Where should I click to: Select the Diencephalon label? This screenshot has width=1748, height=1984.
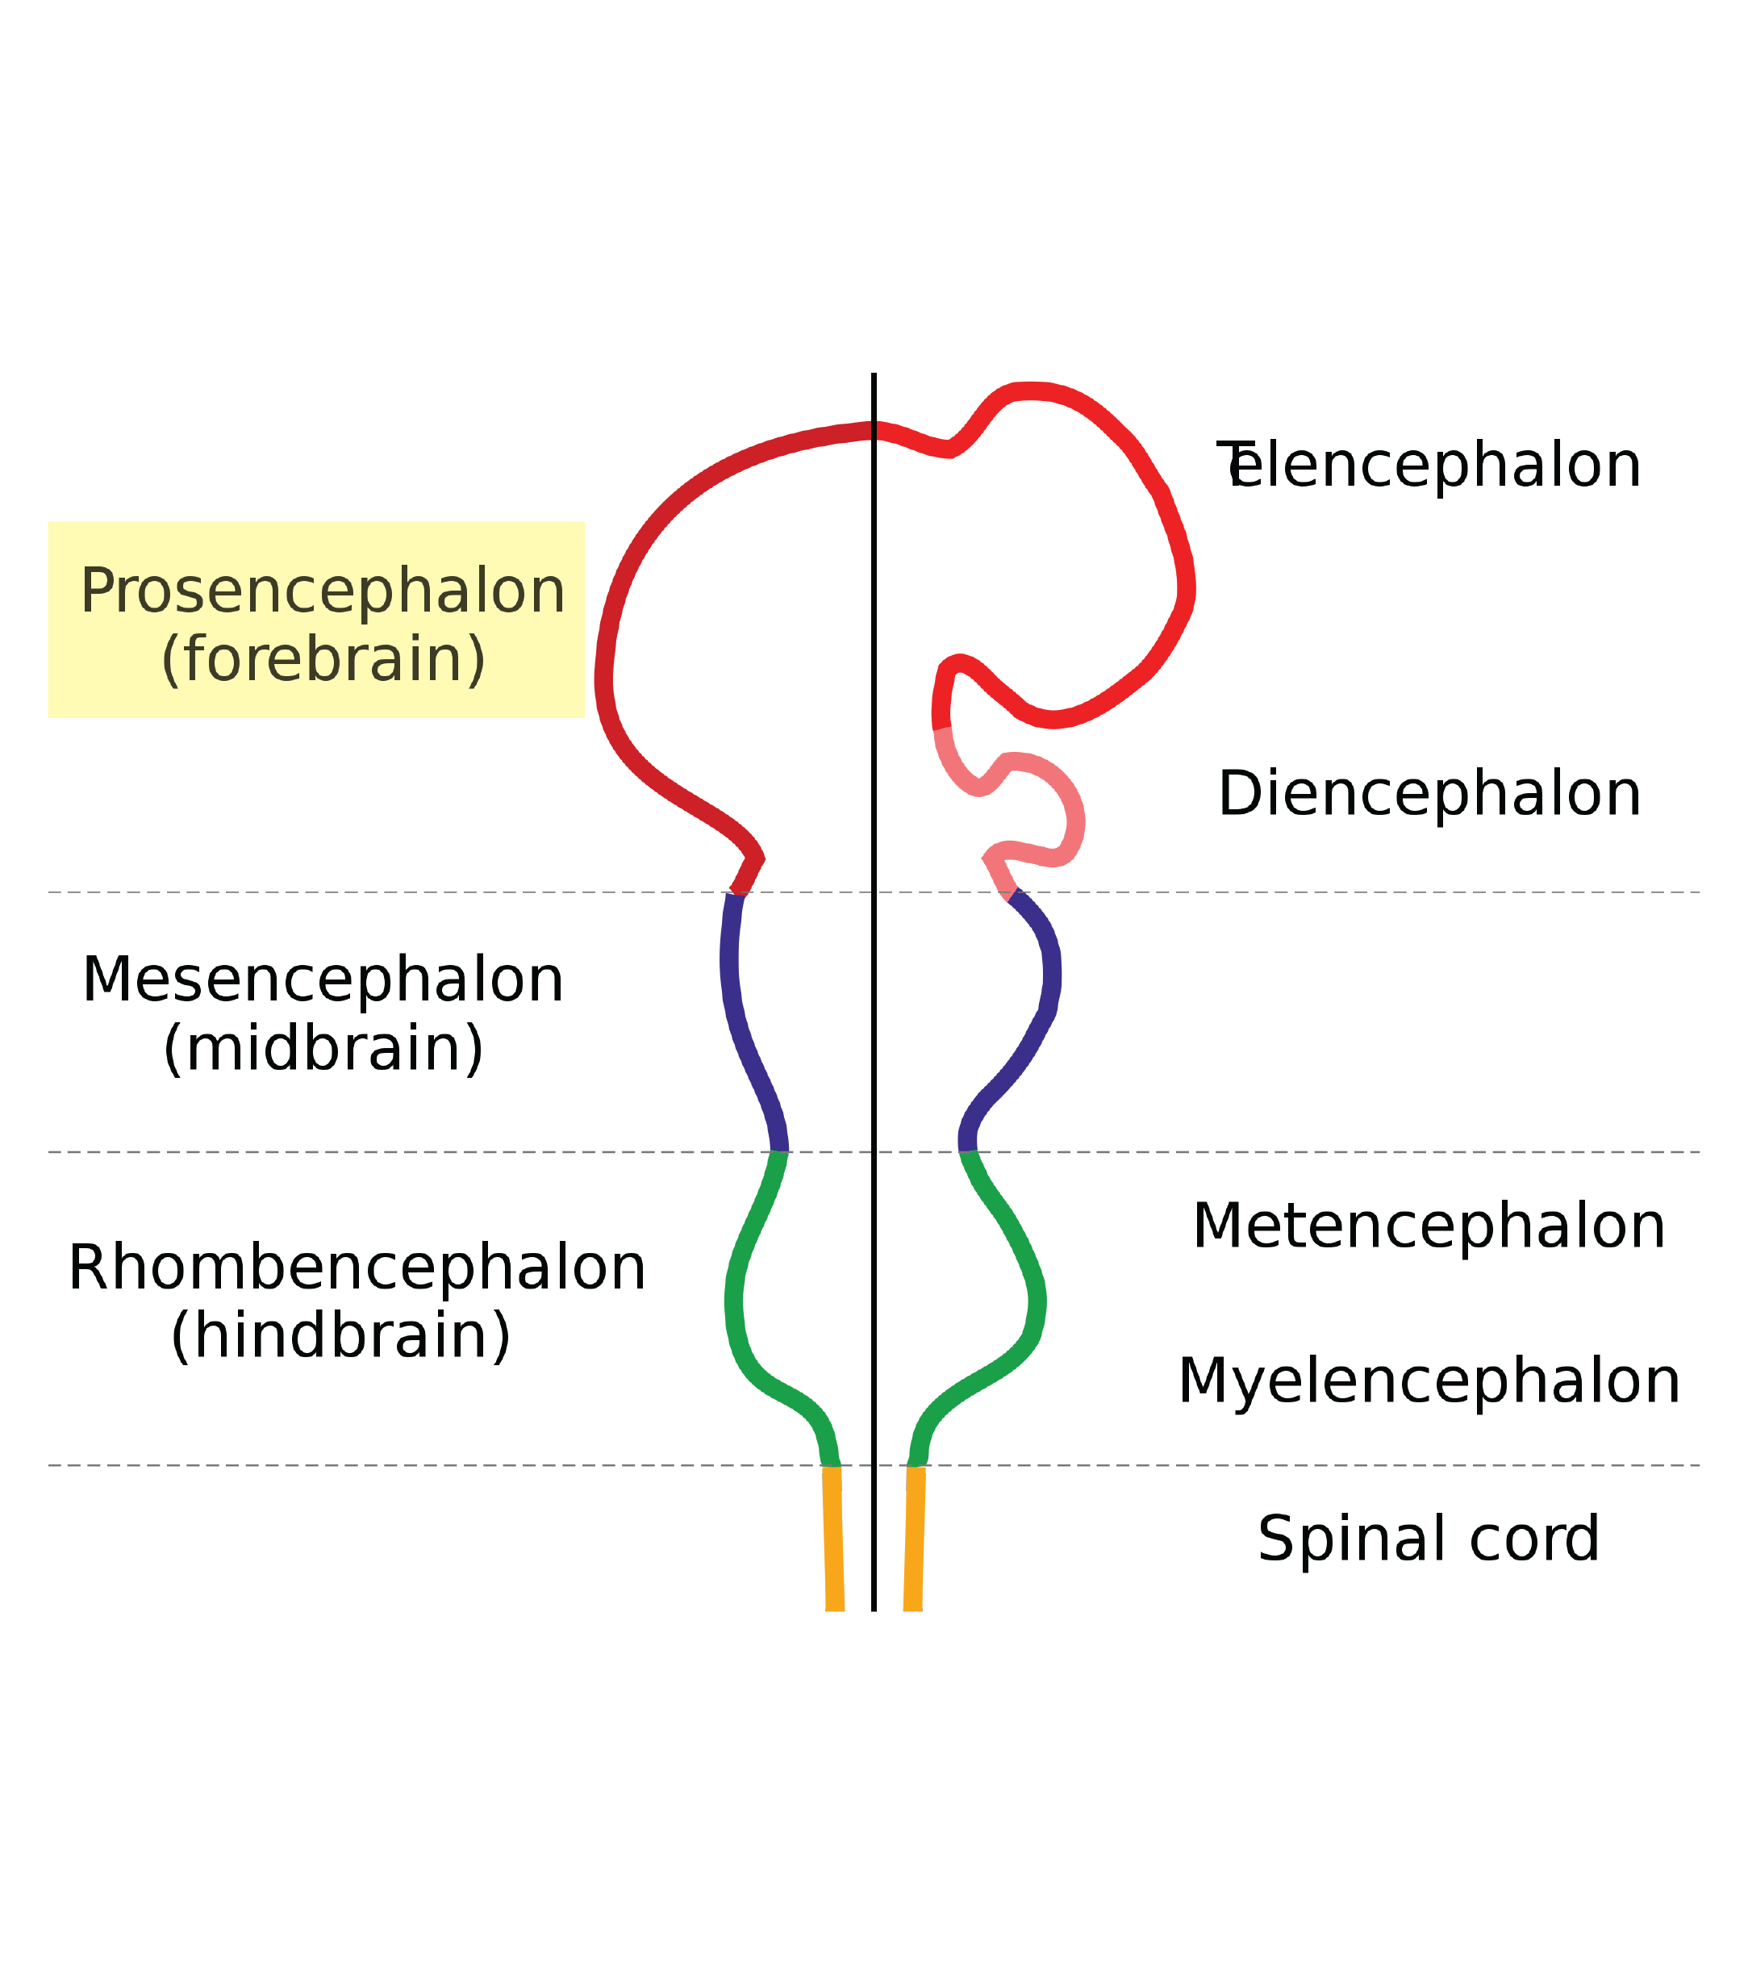click(x=1429, y=795)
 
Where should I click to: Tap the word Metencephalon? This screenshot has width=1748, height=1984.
click(x=1429, y=1227)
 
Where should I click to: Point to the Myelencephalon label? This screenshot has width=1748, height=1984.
click(x=1429, y=1382)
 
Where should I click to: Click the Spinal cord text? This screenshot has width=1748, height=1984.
click(x=1429, y=1539)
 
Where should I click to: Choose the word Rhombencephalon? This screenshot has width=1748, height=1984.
click(x=357, y=1268)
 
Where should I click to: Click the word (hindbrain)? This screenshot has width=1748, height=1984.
click(x=340, y=1337)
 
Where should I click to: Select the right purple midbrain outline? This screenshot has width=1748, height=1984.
click(x=1051, y=980)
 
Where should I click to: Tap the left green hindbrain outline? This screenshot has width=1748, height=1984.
click(x=736, y=1301)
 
